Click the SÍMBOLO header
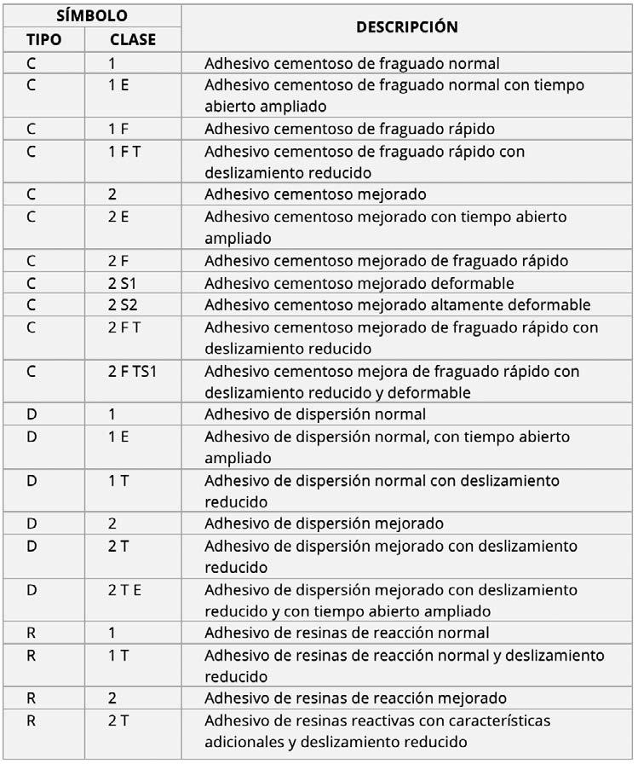(91, 15)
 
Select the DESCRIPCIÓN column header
(406, 26)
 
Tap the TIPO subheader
(44, 39)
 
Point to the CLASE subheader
(132, 39)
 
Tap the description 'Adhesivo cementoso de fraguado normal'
(352, 63)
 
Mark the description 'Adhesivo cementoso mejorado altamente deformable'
(397, 305)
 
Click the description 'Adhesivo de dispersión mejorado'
(324, 524)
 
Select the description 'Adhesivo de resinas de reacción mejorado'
(355, 698)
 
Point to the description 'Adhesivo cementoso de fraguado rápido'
(349, 129)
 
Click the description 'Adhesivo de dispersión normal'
(315, 414)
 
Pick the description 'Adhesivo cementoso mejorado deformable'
(359, 283)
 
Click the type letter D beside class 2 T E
(32, 590)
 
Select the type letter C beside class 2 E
(32, 217)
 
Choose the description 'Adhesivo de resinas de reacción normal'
(347, 633)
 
